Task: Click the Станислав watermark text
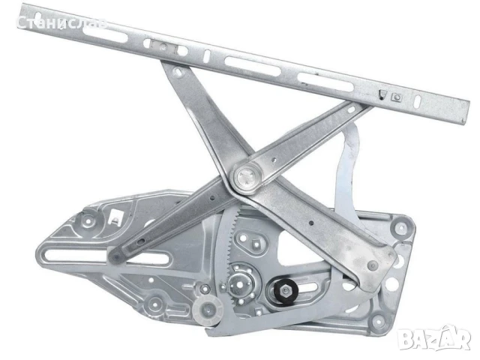pyautogui.click(x=61, y=23)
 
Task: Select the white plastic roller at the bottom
pyautogui.click(x=208, y=310)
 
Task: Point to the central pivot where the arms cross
pyautogui.click(x=247, y=178)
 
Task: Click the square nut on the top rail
pyautogui.click(x=397, y=97)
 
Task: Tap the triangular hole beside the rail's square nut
pyautogui.click(x=382, y=94)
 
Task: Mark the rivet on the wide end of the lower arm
pyautogui.click(x=372, y=265)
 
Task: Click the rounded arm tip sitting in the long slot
pyautogui.click(x=115, y=256)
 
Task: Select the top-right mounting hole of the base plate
pyautogui.click(x=401, y=227)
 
